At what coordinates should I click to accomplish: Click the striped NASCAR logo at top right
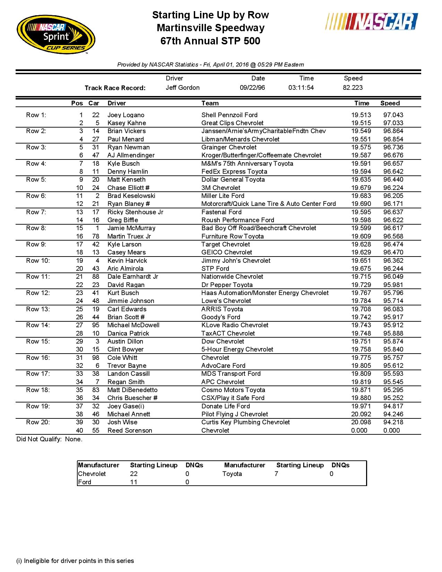(372, 21)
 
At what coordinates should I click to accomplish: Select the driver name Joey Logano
(125, 115)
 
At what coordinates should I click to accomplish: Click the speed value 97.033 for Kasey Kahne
(393, 123)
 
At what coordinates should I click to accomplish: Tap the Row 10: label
(38, 261)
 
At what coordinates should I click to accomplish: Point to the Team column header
(210, 103)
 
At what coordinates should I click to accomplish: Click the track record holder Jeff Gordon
(182, 88)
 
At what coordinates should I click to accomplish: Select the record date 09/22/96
(252, 88)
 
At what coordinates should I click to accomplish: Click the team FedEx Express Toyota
(234, 172)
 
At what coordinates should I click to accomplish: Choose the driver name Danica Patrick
(128, 333)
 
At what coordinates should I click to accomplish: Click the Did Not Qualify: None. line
(50, 439)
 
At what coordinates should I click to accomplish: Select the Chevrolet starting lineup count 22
(134, 474)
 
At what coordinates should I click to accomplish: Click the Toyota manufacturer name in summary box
(232, 474)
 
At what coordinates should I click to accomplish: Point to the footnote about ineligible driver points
(75, 561)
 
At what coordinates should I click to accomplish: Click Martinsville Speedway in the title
(210, 28)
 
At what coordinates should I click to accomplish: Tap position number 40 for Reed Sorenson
(79, 431)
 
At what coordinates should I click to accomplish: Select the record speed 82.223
(353, 88)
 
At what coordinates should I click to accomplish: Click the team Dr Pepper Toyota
(227, 285)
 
